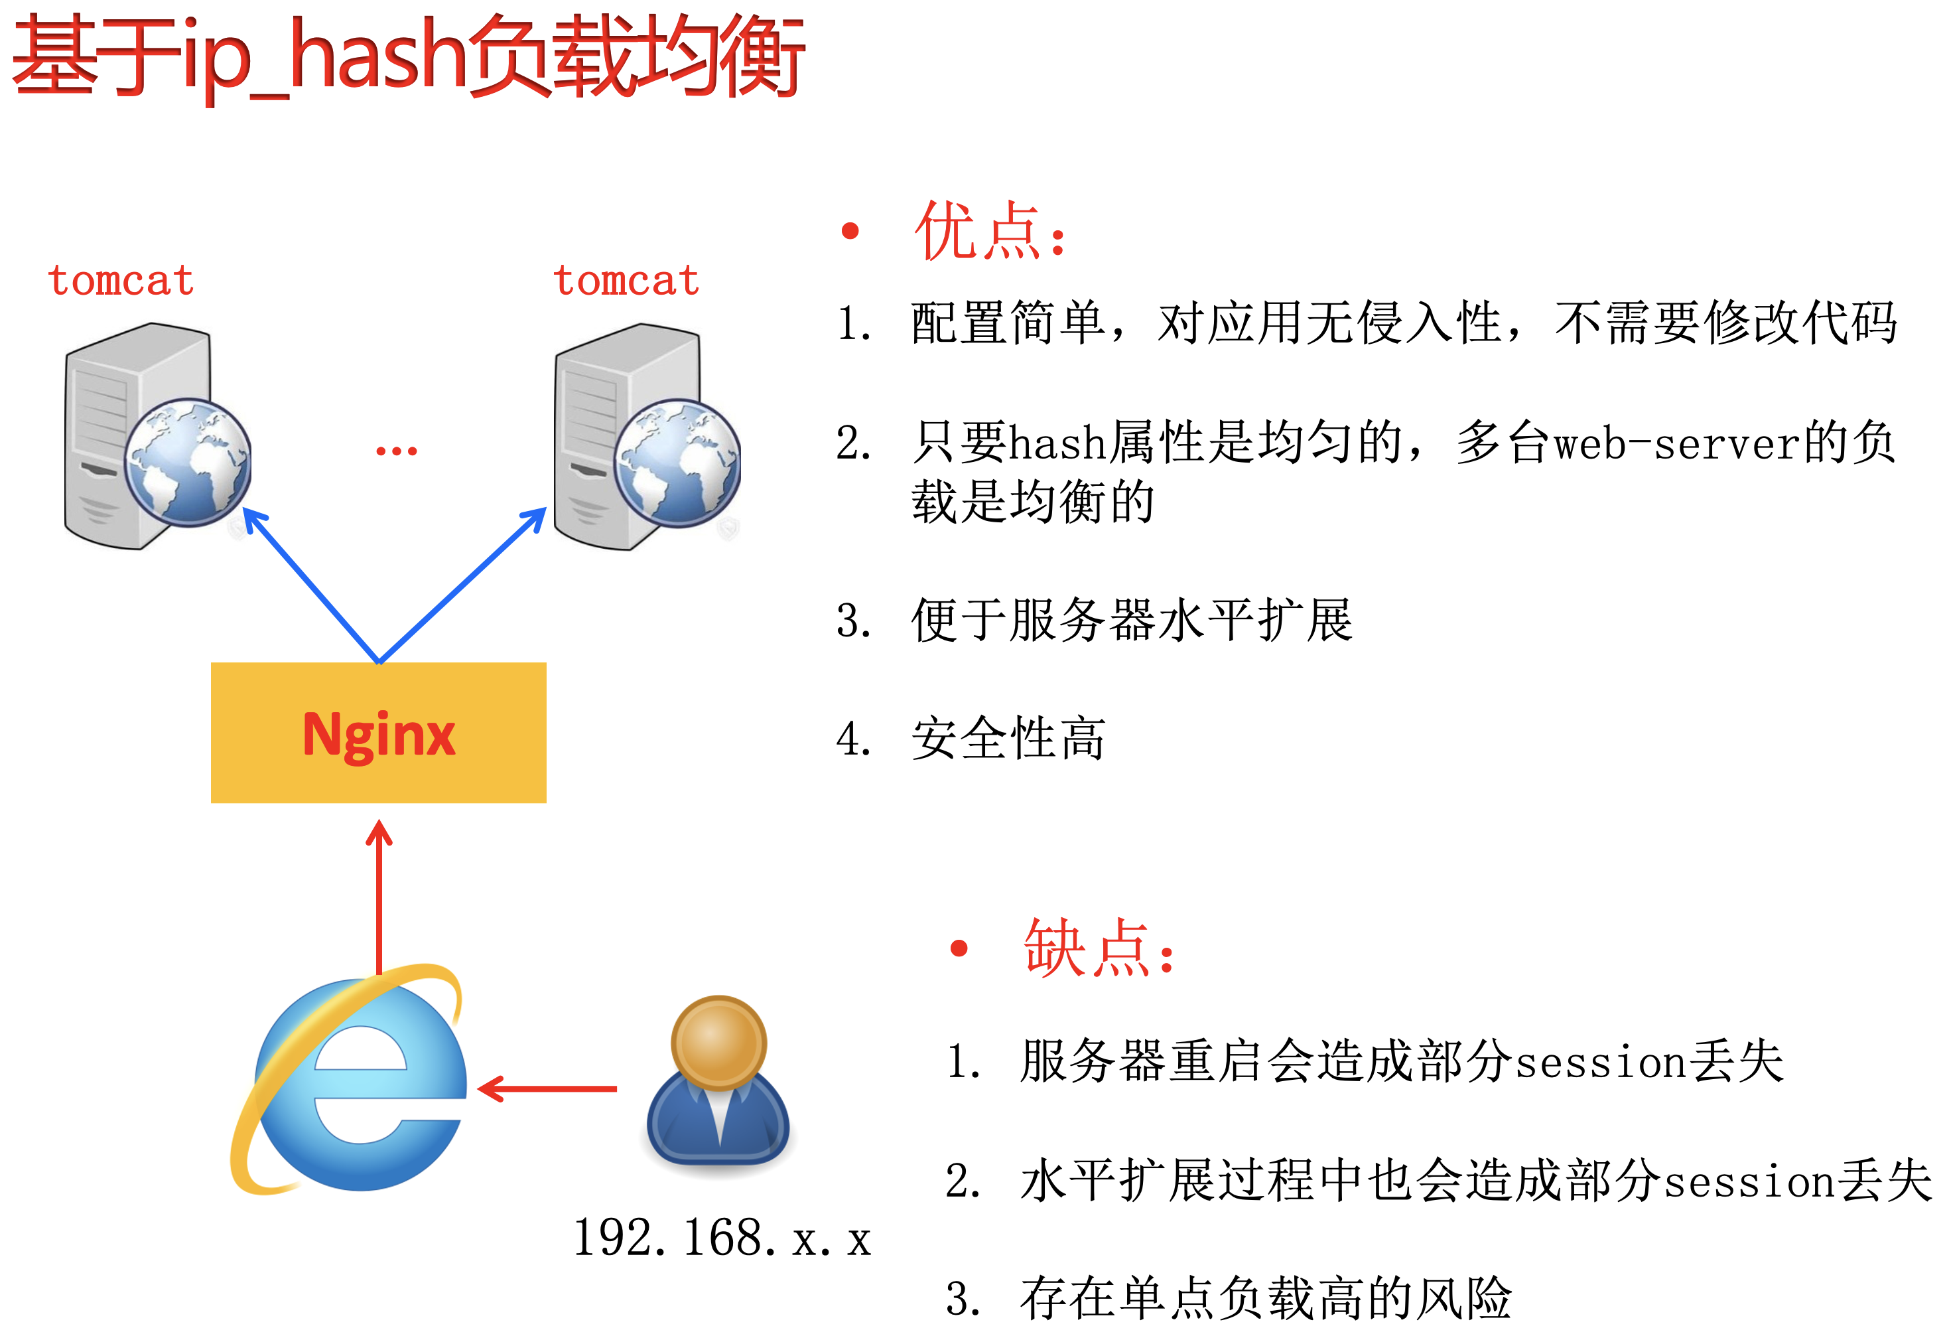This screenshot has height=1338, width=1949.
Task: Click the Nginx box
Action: (x=378, y=732)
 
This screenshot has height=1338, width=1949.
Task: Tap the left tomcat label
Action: (x=121, y=280)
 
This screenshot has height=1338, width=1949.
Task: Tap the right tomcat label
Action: (x=626, y=280)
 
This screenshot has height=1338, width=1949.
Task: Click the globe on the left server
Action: (x=188, y=462)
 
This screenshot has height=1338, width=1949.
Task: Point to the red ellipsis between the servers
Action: (x=396, y=451)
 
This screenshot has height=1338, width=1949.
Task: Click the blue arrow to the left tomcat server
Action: (x=310, y=585)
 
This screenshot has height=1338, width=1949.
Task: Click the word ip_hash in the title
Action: (x=323, y=58)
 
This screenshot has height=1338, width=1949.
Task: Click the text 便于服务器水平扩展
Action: (x=1132, y=621)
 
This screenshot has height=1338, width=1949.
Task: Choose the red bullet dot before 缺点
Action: (x=959, y=949)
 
